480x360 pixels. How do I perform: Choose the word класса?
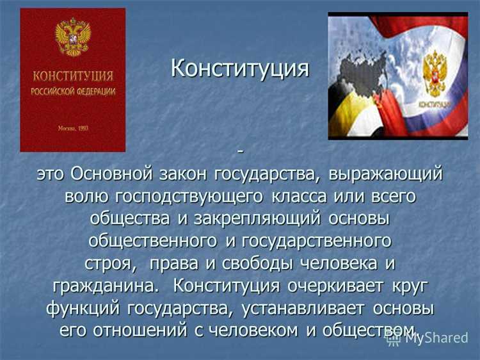[x=301, y=197]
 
